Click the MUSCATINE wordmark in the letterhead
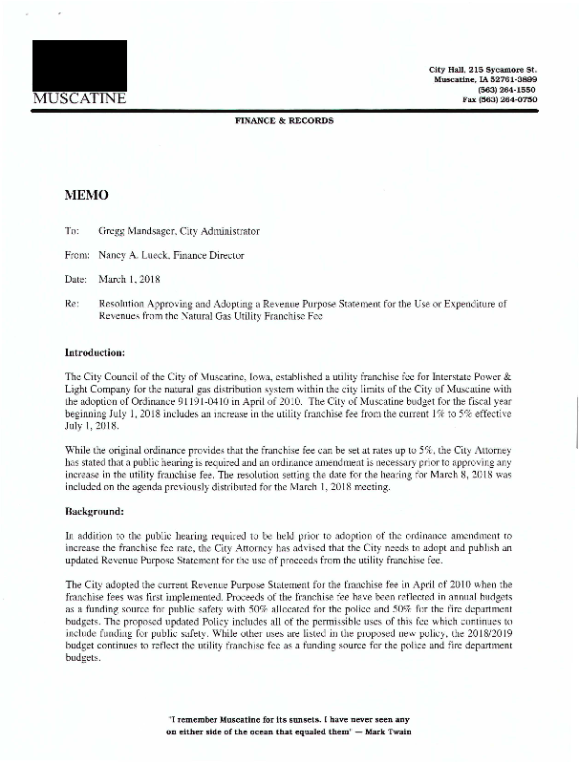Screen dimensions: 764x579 tap(79, 99)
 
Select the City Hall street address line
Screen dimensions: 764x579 tap(483, 72)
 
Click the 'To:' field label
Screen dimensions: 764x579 tap(72, 231)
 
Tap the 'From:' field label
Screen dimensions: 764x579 tap(77, 256)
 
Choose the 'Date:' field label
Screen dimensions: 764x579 tap(75, 280)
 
